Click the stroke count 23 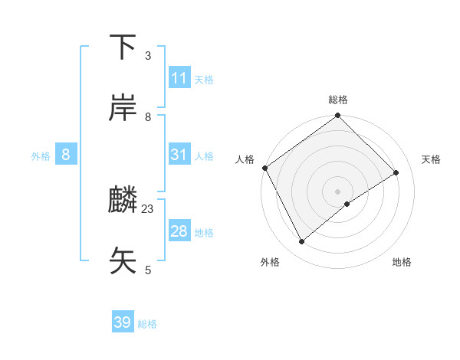click(x=148, y=208)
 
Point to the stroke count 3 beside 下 click(x=147, y=55)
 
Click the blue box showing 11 click(x=179, y=78)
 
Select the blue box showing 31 click(x=179, y=155)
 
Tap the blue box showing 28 click(x=179, y=231)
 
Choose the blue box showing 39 click(x=123, y=322)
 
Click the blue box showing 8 click(x=66, y=155)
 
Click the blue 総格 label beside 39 click(x=147, y=324)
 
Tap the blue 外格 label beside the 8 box click(x=41, y=156)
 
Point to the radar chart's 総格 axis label click(x=338, y=100)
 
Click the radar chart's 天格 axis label click(x=431, y=159)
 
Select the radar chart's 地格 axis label click(x=402, y=262)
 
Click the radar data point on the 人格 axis click(x=264, y=168)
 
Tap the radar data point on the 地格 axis click(x=347, y=204)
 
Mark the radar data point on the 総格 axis click(x=338, y=116)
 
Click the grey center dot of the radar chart click(x=338, y=191)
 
